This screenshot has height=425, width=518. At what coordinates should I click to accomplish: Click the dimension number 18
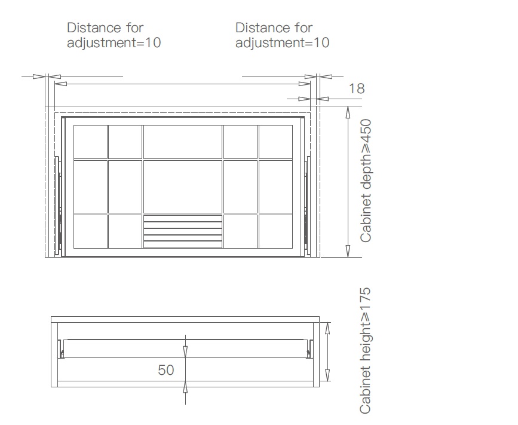click(357, 88)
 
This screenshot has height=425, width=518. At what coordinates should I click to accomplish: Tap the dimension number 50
click(166, 370)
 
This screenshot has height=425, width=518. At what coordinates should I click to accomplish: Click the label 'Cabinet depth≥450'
click(366, 181)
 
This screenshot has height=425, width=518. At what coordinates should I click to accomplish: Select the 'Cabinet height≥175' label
click(366, 351)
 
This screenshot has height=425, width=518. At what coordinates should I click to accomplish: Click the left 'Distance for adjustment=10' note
click(114, 35)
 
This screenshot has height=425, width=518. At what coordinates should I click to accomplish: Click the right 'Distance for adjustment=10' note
click(282, 35)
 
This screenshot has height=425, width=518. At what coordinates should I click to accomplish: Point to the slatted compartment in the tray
click(183, 231)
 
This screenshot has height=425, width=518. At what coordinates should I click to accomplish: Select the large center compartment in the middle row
click(183, 186)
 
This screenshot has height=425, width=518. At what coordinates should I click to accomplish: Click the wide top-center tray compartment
click(183, 142)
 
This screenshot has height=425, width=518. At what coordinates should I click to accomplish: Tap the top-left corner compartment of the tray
click(90, 142)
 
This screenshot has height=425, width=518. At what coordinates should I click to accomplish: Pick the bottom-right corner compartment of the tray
click(275, 231)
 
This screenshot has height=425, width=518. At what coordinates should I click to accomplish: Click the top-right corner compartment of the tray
click(275, 142)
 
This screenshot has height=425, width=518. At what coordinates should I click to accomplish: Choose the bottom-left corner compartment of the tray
click(90, 231)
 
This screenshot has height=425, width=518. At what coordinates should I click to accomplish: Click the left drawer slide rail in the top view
click(58, 206)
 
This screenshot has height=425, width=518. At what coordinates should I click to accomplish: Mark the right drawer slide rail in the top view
click(308, 206)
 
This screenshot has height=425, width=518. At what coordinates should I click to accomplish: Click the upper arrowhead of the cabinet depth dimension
click(348, 112)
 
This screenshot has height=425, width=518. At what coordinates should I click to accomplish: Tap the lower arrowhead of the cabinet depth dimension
click(348, 251)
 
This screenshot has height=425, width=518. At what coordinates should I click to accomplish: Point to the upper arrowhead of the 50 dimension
click(185, 351)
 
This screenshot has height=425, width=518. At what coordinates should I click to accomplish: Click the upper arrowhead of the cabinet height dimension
click(327, 329)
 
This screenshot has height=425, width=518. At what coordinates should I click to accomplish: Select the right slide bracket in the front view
click(310, 349)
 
